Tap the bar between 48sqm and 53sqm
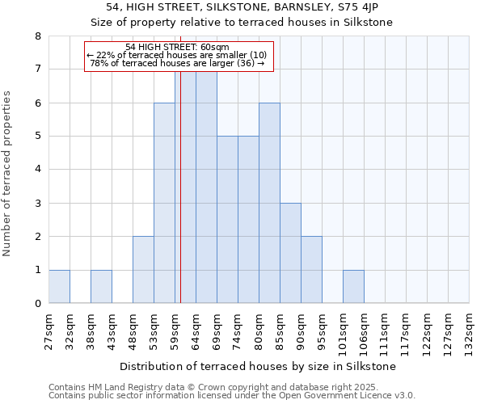point(143,269)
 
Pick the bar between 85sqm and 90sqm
point(290,253)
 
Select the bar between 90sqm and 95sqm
point(311,269)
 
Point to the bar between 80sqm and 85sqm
point(269,203)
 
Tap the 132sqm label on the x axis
point(469,331)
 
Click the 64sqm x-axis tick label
point(196,329)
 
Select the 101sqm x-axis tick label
point(343,331)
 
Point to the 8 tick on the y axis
point(37,36)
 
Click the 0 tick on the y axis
point(37,304)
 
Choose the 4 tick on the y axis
point(37,170)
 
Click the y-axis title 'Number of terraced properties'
point(8,173)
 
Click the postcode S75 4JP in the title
point(368,7)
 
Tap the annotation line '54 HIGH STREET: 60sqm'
point(177,47)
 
